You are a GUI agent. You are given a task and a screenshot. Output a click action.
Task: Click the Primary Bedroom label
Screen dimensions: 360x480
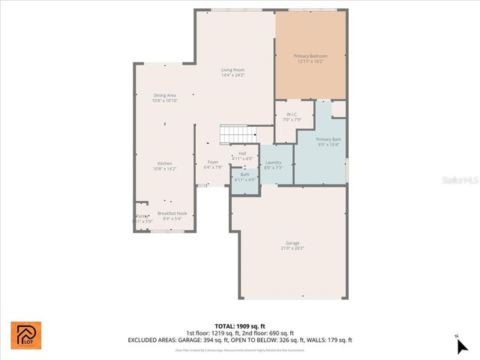(310, 55)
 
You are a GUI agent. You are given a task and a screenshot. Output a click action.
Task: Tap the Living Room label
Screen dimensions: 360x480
(232, 70)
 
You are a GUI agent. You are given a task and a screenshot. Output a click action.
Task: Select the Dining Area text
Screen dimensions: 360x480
(164, 95)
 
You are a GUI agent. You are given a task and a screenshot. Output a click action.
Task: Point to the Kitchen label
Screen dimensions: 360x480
(164, 163)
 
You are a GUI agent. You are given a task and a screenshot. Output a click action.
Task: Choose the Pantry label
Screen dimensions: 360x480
(141, 216)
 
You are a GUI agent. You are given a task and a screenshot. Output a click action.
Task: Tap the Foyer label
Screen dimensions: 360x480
(213, 163)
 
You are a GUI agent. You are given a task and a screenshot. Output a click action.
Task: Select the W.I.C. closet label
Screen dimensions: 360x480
(292, 115)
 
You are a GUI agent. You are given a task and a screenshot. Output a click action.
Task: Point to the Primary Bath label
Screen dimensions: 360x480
(328, 139)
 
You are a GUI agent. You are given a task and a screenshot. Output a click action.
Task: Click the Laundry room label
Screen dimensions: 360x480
(273, 163)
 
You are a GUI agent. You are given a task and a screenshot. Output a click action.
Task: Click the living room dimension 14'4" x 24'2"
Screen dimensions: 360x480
(232, 75)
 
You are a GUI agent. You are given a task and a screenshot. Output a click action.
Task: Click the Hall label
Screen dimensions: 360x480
(242, 154)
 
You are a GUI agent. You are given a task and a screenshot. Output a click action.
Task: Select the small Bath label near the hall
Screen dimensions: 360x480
(244, 175)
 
